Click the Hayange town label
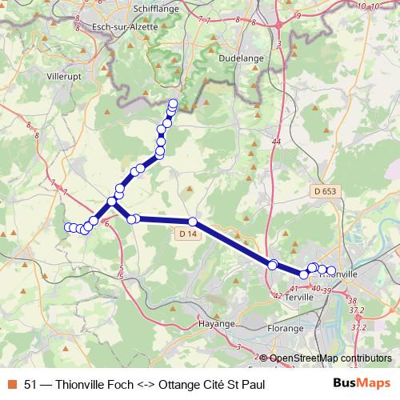click(x=217, y=324)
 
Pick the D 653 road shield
click(x=326, y=191)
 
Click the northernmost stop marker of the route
click(x=174, y=102)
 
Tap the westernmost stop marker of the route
click(x=67, y=227)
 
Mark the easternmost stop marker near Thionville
click(x=331, y=270)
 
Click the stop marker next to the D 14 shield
click(x=193, y=221)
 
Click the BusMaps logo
click(x=361, y=383)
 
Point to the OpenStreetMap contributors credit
click(x=330, y=358)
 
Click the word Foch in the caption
click(x=126, y=384)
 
